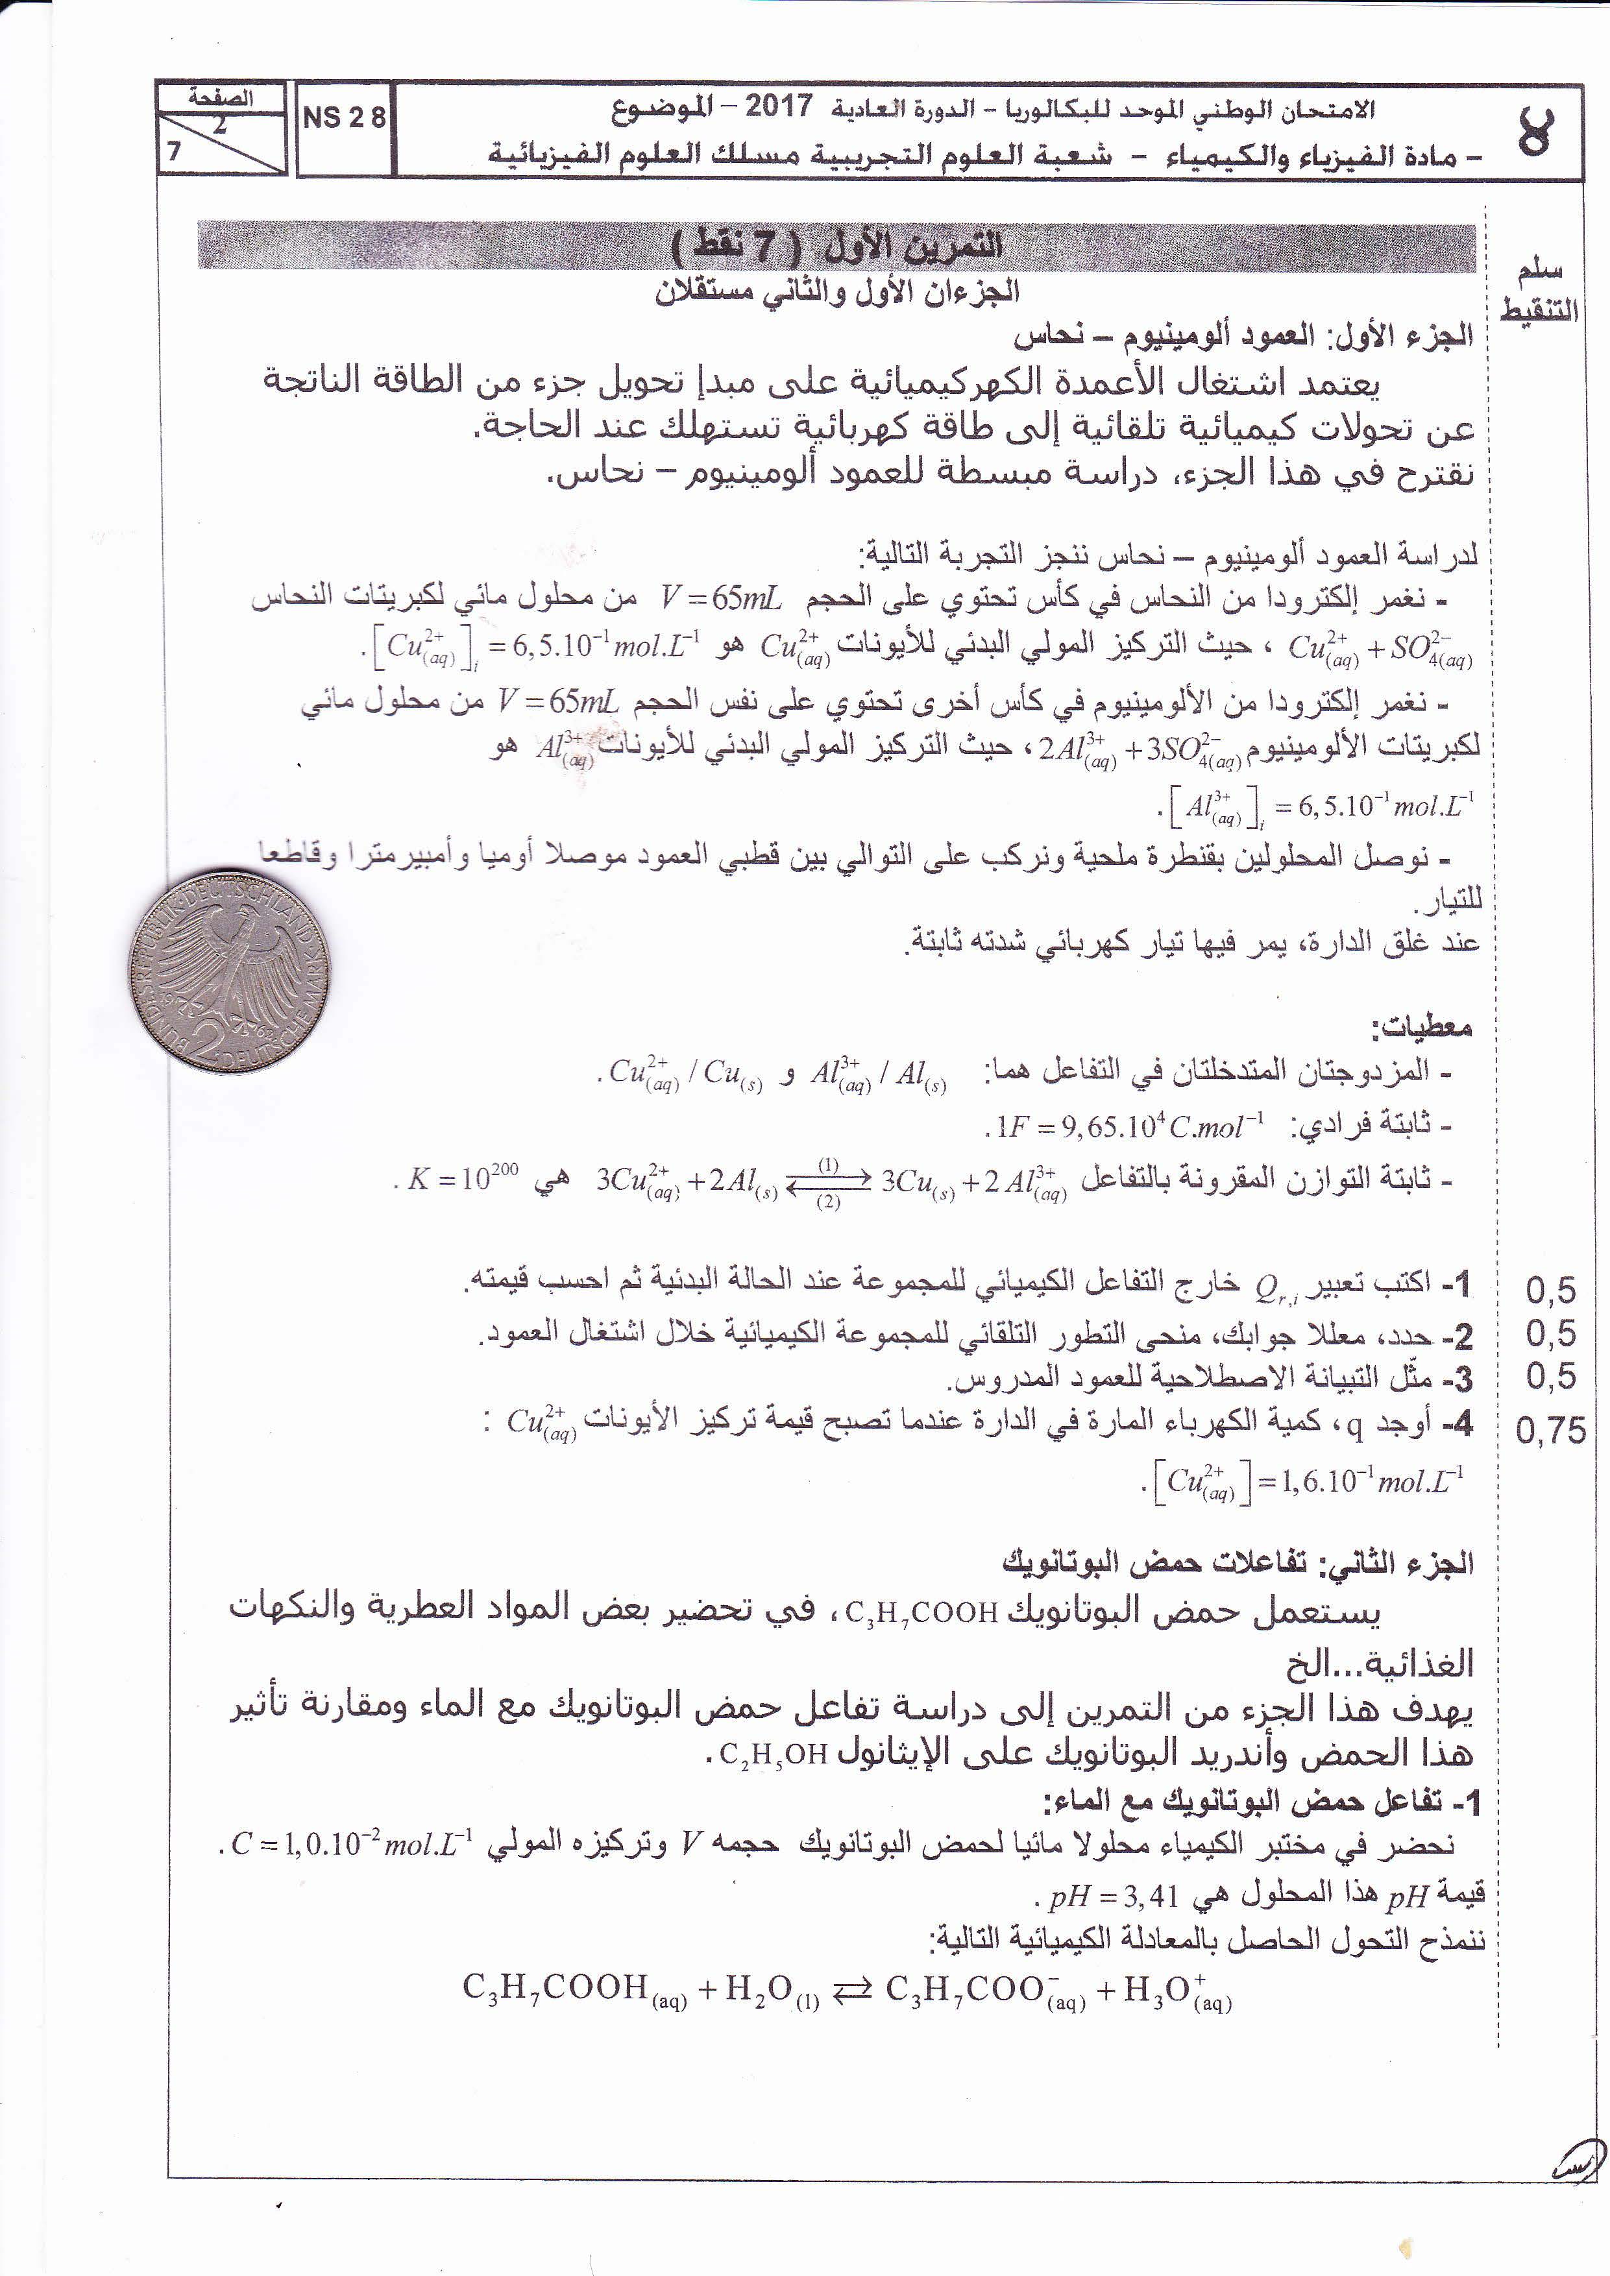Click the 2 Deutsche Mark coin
point(230,971)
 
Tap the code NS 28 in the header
point(343,118)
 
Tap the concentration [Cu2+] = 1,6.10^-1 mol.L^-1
point(1309,1482)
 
